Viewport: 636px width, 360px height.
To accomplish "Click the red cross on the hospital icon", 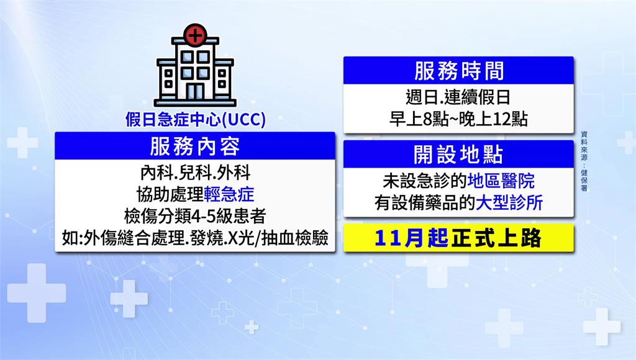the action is coord(195,35).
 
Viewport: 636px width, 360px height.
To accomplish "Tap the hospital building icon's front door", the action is coord(195,92).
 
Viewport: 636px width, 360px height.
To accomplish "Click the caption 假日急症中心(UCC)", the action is coord(195,119).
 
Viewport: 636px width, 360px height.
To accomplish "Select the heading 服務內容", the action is coord(195,146).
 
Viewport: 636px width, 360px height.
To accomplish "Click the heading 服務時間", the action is coord(459,71).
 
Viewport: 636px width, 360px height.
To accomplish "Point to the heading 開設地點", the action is coord(459,155).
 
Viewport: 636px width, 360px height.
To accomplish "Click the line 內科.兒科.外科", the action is coord(195,173).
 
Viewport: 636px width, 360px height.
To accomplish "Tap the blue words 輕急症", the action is coord(229,195).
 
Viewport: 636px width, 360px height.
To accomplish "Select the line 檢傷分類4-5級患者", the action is coord(195,216).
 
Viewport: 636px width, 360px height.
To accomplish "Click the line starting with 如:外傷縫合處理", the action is coord(195,238).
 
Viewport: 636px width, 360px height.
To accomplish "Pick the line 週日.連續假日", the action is coord(458,97).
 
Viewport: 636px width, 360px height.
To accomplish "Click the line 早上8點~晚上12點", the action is coord(458,119).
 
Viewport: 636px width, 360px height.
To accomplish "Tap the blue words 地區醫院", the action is coord(501,181).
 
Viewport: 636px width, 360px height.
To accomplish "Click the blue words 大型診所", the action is coord(509,203).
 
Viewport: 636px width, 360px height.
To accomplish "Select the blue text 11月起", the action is coord(411,238).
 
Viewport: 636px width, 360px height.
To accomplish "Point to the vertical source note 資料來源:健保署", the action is coord(584,161).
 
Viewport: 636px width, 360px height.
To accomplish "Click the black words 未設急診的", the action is coord(425,181).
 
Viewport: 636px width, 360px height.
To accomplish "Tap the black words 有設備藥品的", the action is coord(425,203).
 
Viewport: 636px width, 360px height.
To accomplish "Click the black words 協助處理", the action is coord(170,195).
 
